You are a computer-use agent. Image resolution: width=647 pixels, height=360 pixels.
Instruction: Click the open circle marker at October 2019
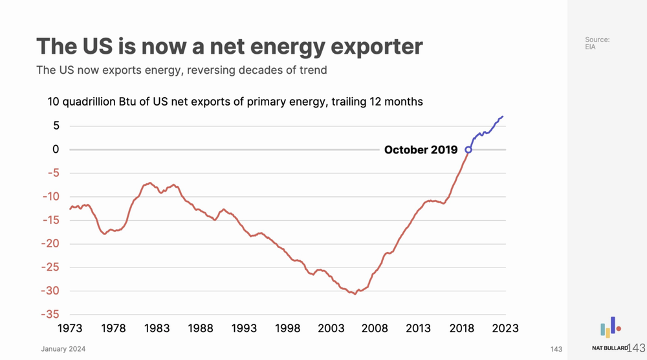[468, 150]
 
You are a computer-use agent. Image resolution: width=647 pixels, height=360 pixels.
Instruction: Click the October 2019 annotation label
[421, 150]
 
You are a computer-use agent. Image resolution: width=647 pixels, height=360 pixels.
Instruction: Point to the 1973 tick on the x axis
[70, 328]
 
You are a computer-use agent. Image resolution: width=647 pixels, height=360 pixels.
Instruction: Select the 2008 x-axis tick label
[375, 328]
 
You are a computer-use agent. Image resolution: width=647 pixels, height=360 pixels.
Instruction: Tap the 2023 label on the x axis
[505, 328]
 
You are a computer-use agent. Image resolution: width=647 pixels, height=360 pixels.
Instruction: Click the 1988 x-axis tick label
[201, 328]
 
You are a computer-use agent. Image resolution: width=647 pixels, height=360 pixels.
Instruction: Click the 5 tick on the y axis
[56, 126]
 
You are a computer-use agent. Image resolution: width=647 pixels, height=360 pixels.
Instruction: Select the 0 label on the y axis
[56, 150]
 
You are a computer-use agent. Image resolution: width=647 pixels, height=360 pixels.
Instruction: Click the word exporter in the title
[370, 47]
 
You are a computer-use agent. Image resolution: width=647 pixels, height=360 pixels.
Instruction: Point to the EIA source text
[590, 48]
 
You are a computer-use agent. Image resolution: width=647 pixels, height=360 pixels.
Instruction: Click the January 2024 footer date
[63, 350]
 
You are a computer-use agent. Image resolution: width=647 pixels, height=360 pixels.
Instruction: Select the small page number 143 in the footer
[556, 350]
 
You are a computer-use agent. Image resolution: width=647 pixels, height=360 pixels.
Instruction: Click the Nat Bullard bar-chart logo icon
[610, 328]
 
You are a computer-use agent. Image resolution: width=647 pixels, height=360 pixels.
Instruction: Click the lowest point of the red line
[355, 294]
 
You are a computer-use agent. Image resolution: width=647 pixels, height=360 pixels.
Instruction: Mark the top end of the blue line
[503, 117]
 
